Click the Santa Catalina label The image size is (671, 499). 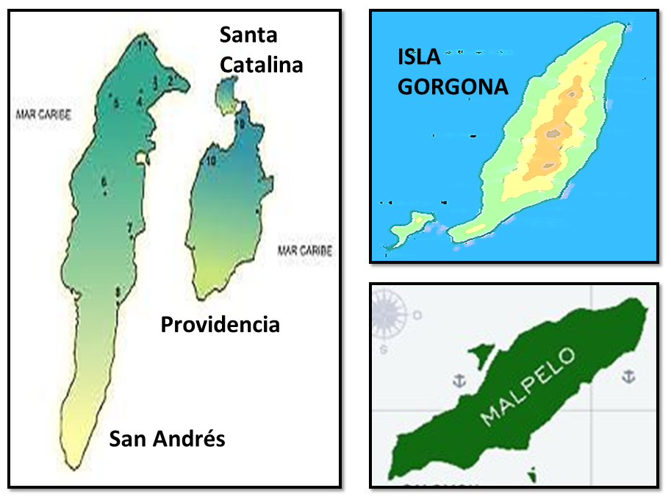pos(261,50)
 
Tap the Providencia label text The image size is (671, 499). pos(220,324)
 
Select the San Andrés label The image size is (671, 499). pos(167,439)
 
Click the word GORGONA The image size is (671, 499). pos(453,87)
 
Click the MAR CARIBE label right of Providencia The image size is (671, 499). pos(304,251)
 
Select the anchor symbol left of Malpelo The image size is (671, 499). pos(459,380)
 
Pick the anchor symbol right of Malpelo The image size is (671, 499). pos(628,376)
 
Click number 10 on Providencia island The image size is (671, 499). pos(211,160)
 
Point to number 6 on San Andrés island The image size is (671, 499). pos(104,182)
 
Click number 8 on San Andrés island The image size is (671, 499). pos(118,292)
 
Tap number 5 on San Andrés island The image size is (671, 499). pos(116,103)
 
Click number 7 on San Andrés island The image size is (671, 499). pos(130,227)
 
